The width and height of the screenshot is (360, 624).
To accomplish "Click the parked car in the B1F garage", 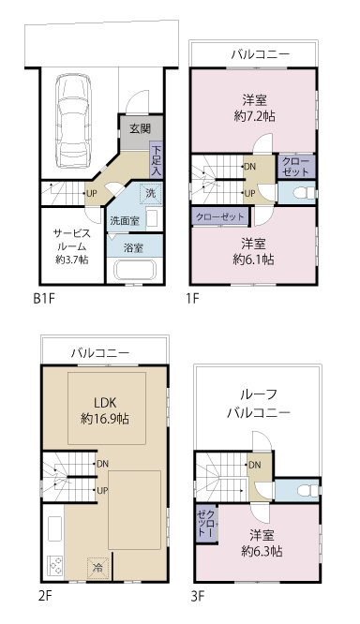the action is point(73,121).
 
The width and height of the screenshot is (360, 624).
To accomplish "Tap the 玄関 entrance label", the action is point(141,128).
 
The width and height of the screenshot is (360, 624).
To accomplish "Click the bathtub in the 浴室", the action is point(135,271).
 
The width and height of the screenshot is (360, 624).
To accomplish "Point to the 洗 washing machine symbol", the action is point(151,194).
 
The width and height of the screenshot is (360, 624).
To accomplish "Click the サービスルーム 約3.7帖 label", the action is point(71,246).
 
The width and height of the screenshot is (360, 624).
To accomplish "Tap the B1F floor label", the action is point(43,299).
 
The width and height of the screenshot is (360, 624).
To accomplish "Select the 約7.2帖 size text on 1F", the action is point(254,116).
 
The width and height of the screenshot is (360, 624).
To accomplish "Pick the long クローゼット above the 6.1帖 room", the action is point(220,216).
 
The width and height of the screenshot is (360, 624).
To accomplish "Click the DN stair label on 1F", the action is point(250,167).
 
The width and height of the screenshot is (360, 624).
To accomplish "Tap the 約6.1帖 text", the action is point(253,260).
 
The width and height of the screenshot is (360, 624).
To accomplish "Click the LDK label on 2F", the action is point(105,402).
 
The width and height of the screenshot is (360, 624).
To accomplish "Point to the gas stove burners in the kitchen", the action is point(55,565).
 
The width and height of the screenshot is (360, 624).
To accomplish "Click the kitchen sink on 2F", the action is point(55,528).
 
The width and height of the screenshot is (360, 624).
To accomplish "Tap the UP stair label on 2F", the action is point(102,491).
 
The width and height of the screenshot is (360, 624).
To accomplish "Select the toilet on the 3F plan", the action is point(307,490).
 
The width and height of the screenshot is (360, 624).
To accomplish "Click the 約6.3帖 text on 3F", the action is point(262,551).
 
